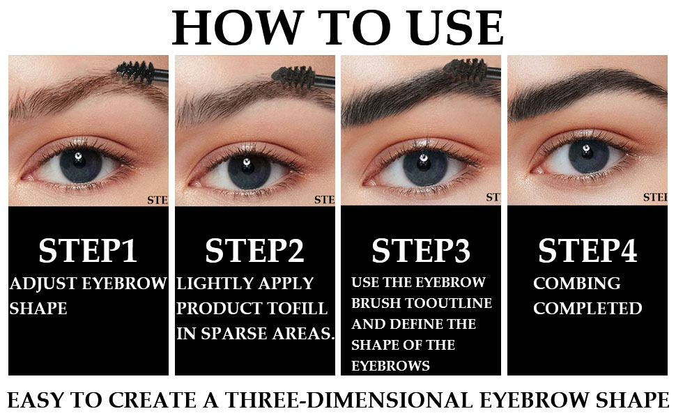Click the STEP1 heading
(x=88, y=251)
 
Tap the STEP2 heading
(x=254, y=251)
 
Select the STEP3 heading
(x=421, y=251)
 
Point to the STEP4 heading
(x=587, y=251)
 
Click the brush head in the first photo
(x=134, y=69)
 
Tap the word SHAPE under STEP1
(x=38, y=308)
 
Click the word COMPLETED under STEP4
(x=587, y=308)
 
